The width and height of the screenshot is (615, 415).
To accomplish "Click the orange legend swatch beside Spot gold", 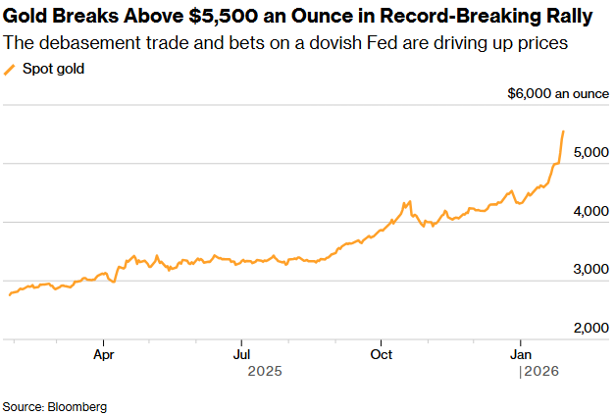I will coord(11,70).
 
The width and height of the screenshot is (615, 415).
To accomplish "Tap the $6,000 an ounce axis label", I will coord(556,94).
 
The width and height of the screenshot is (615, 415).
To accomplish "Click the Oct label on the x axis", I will coord(381,352).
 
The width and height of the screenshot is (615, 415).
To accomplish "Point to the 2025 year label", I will coord(265,371).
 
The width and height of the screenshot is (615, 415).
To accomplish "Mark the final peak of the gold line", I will coord(563,130).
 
